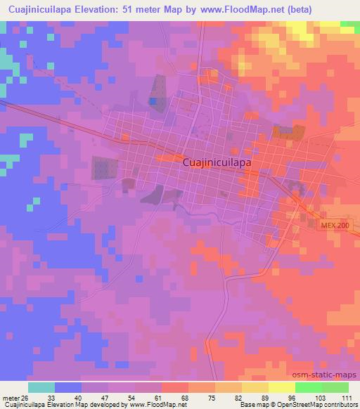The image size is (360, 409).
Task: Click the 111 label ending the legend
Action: coord(345,396)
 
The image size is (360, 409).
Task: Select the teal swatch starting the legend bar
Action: coord(41,387)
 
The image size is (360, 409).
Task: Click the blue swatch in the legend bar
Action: coord(68,387)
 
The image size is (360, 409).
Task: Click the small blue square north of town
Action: coord(153,102)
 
